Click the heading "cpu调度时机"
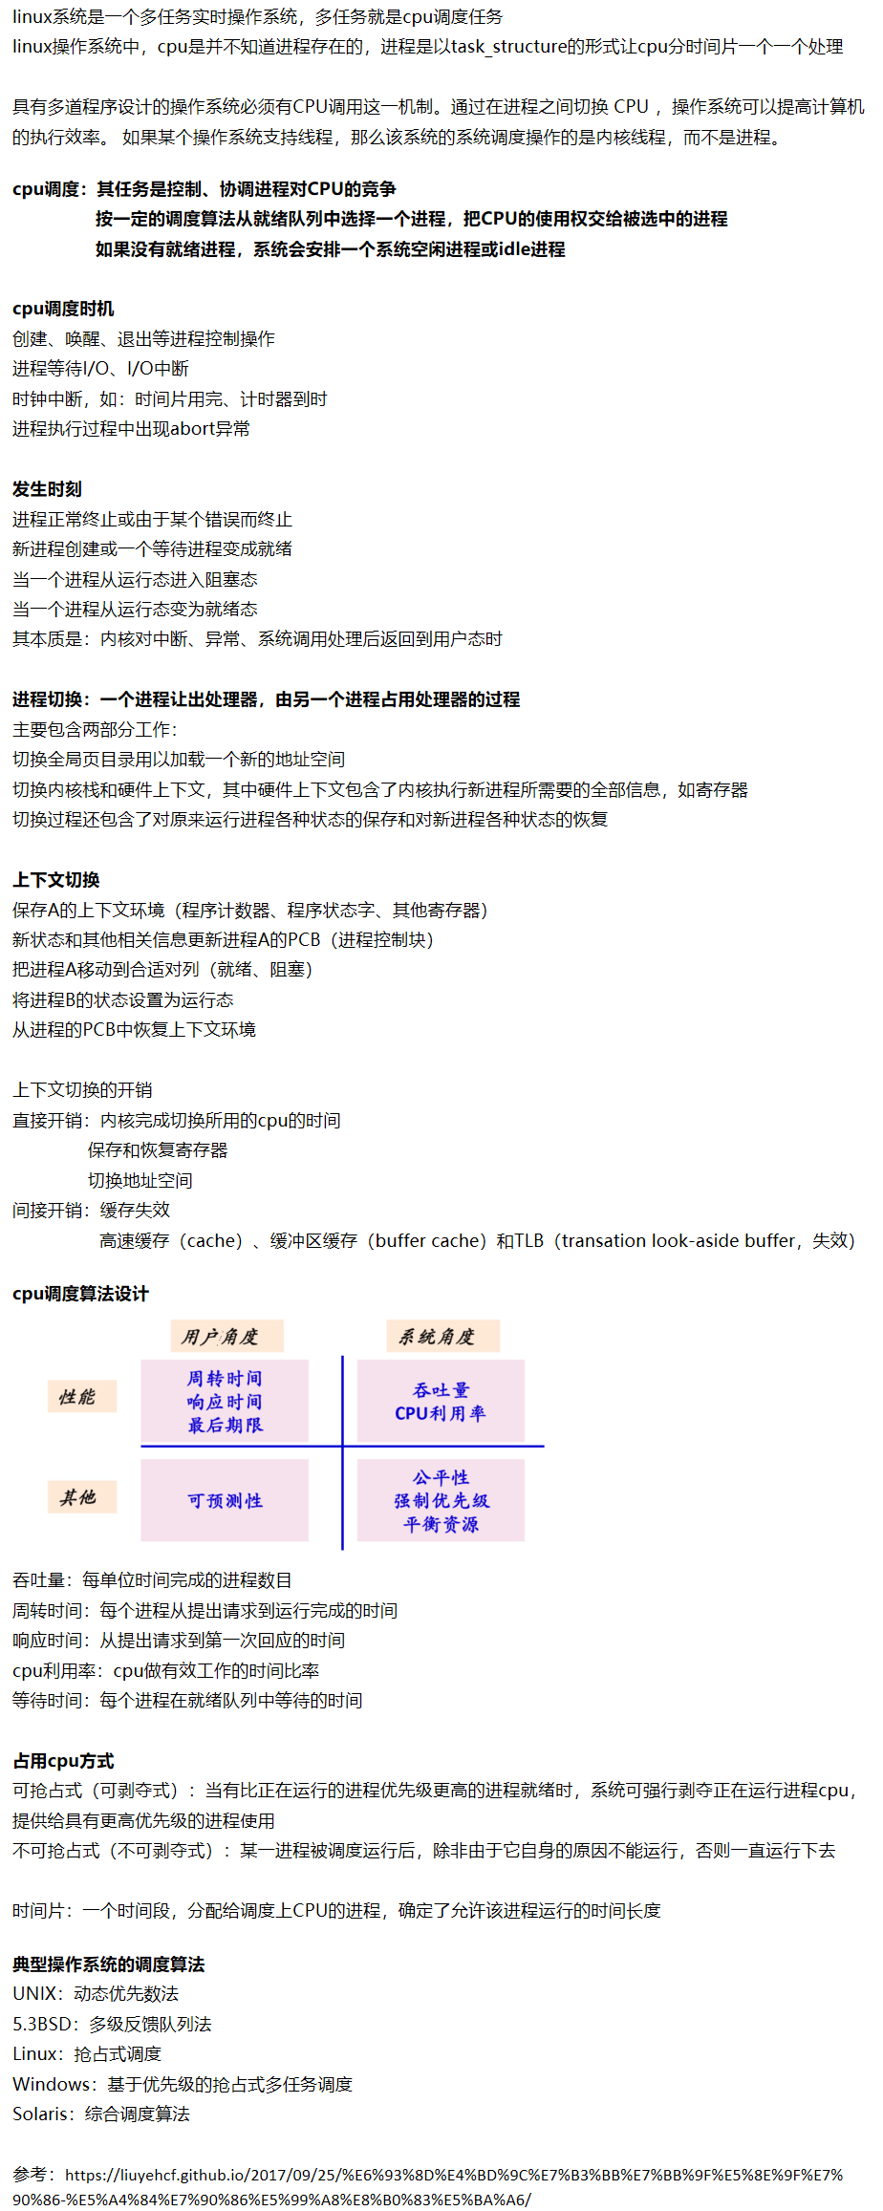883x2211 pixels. click(63, 309)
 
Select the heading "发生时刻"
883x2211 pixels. click(47, 489)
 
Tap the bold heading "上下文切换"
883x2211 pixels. click(55, 880)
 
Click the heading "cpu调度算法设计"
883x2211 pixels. click(80, 1294)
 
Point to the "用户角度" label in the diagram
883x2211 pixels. click(221, 1337)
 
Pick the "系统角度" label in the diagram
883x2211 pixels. click(438, 1337)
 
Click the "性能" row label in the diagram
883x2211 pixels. click(78, 1397)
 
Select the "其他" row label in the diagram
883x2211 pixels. click(78, 1497)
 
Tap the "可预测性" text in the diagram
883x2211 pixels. click(225, 1501)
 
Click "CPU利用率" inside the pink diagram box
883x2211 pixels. click(441, 1413)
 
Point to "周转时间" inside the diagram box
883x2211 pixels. click(225, 1378)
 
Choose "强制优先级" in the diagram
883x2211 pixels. click(441, 1501)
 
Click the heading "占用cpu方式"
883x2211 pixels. click(63, 1761)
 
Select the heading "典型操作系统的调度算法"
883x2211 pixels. click(108, 1964)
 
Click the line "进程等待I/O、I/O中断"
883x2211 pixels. click(100, 369)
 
